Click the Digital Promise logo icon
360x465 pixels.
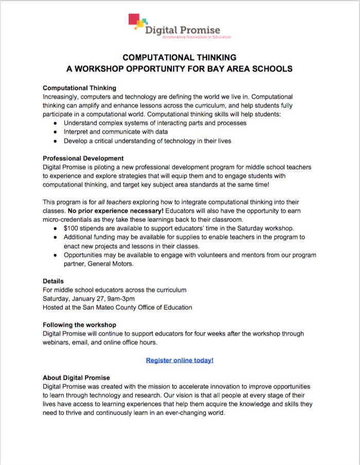click(136, 22)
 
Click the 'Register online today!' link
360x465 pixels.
click(179, 360)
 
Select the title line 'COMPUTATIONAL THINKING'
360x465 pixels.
click(179, 58)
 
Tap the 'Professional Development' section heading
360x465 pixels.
click(83, 158)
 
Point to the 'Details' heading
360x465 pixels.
click(53, 281)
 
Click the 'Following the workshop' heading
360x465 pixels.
click(79, 325)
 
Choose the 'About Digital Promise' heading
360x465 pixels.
click(76, 378)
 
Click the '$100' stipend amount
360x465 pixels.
click(71, 228)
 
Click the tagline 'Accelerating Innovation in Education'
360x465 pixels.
click(196, 38)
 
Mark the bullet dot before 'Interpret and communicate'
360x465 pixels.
click(56, 132)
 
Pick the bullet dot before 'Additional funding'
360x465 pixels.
click(56, 237)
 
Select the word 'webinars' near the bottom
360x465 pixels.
click(57, 342)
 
